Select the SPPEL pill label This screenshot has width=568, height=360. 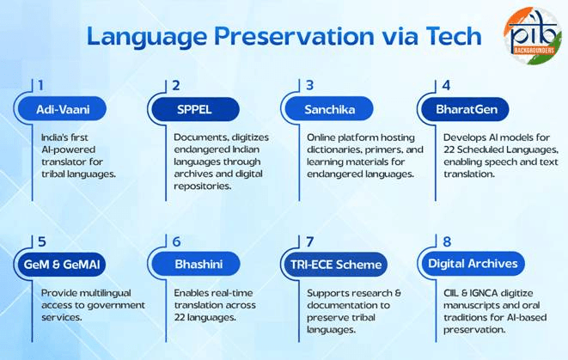197,109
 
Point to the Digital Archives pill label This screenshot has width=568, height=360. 473,264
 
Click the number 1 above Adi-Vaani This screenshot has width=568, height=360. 40,85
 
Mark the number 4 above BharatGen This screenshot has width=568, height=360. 446,85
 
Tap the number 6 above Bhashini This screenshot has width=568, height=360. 176,242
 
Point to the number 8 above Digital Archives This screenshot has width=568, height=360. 446,242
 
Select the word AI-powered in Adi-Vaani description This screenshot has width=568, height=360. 72,149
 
